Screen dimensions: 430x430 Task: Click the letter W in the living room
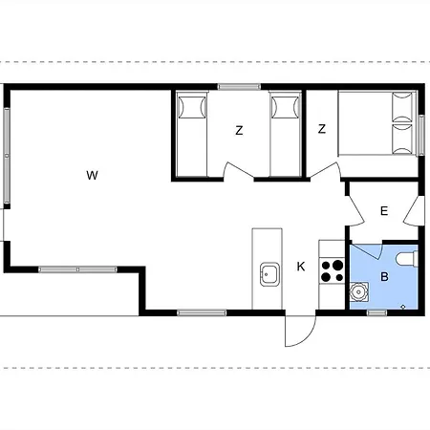pyautogui.click(x=92, y=175)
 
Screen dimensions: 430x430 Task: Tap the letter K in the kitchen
pyautogui.click(x=301, y=267)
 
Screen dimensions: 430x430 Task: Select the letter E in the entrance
pyautogui.click(x=384, y=211)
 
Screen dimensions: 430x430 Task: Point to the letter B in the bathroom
pyautogui.click(x=384, y=277)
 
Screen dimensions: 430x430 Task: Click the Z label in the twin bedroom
pyautogui.click(x=239, y=130)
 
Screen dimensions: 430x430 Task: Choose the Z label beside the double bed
pyautogui.click(x=322, y=129)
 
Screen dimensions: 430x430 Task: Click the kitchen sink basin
pyautogui.click(x=269, y=274)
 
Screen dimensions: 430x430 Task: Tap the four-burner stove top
pyautogui.click(x=332, y=270)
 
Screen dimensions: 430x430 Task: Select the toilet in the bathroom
pyautogui.click(x=407, y=258)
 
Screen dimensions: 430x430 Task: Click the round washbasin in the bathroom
pyautogui.click(x=359, y=291)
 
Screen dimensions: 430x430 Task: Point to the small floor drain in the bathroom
pyautogui.click(x=403, y=307)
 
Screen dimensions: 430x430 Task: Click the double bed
pyautogui.click(x=377, y=123)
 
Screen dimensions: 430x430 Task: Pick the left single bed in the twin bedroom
pyautogui.click(x=192, y=134)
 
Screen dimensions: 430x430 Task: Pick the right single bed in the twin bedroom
pyautogui.click(x=285, y=134)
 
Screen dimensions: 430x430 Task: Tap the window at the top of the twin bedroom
pyautogui.click(x=239, y=87)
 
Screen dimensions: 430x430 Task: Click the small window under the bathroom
pyautogui.click(x=376, y=313)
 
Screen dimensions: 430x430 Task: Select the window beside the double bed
pyautogui.click(x=421, y=136)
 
